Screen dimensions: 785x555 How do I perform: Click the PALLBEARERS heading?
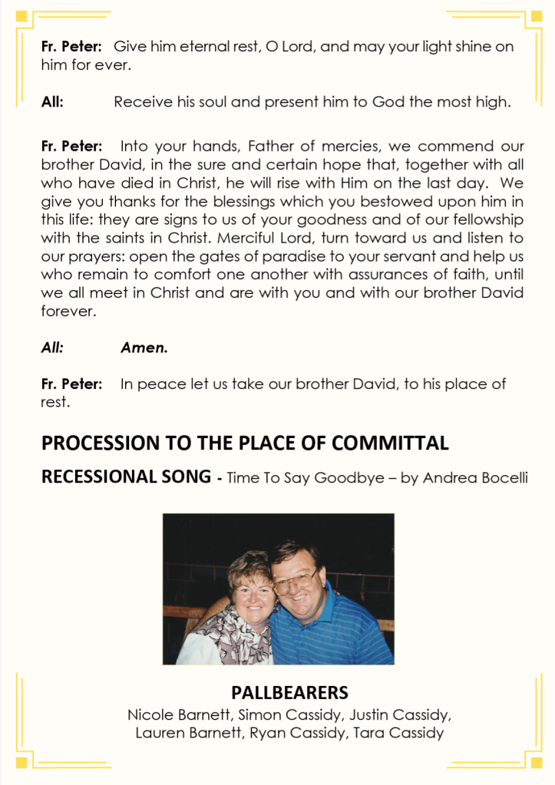[289, 692]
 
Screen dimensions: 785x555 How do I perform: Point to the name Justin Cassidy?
[400, 714]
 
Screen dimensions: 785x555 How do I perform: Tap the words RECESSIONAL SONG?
[125, 477]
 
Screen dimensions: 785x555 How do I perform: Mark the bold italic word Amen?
[144, 347]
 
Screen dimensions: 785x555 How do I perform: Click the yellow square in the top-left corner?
[21, 15]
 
